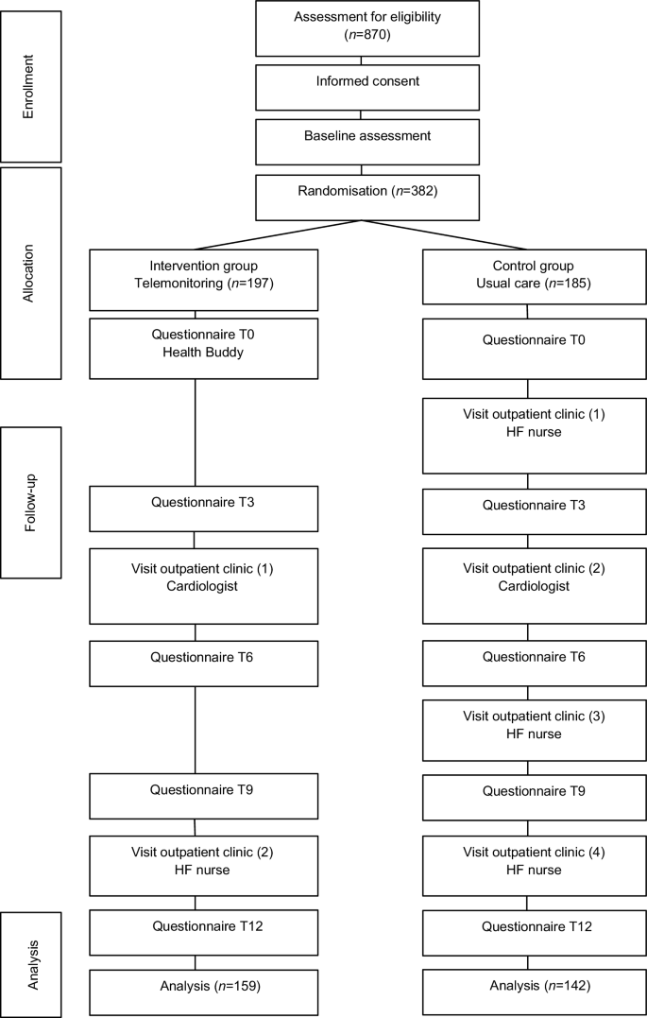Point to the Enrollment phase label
coord(31,86)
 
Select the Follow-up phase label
coord(31,502)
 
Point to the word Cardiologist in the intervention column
coord(195,587)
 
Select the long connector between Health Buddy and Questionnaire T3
coord(195,432)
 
